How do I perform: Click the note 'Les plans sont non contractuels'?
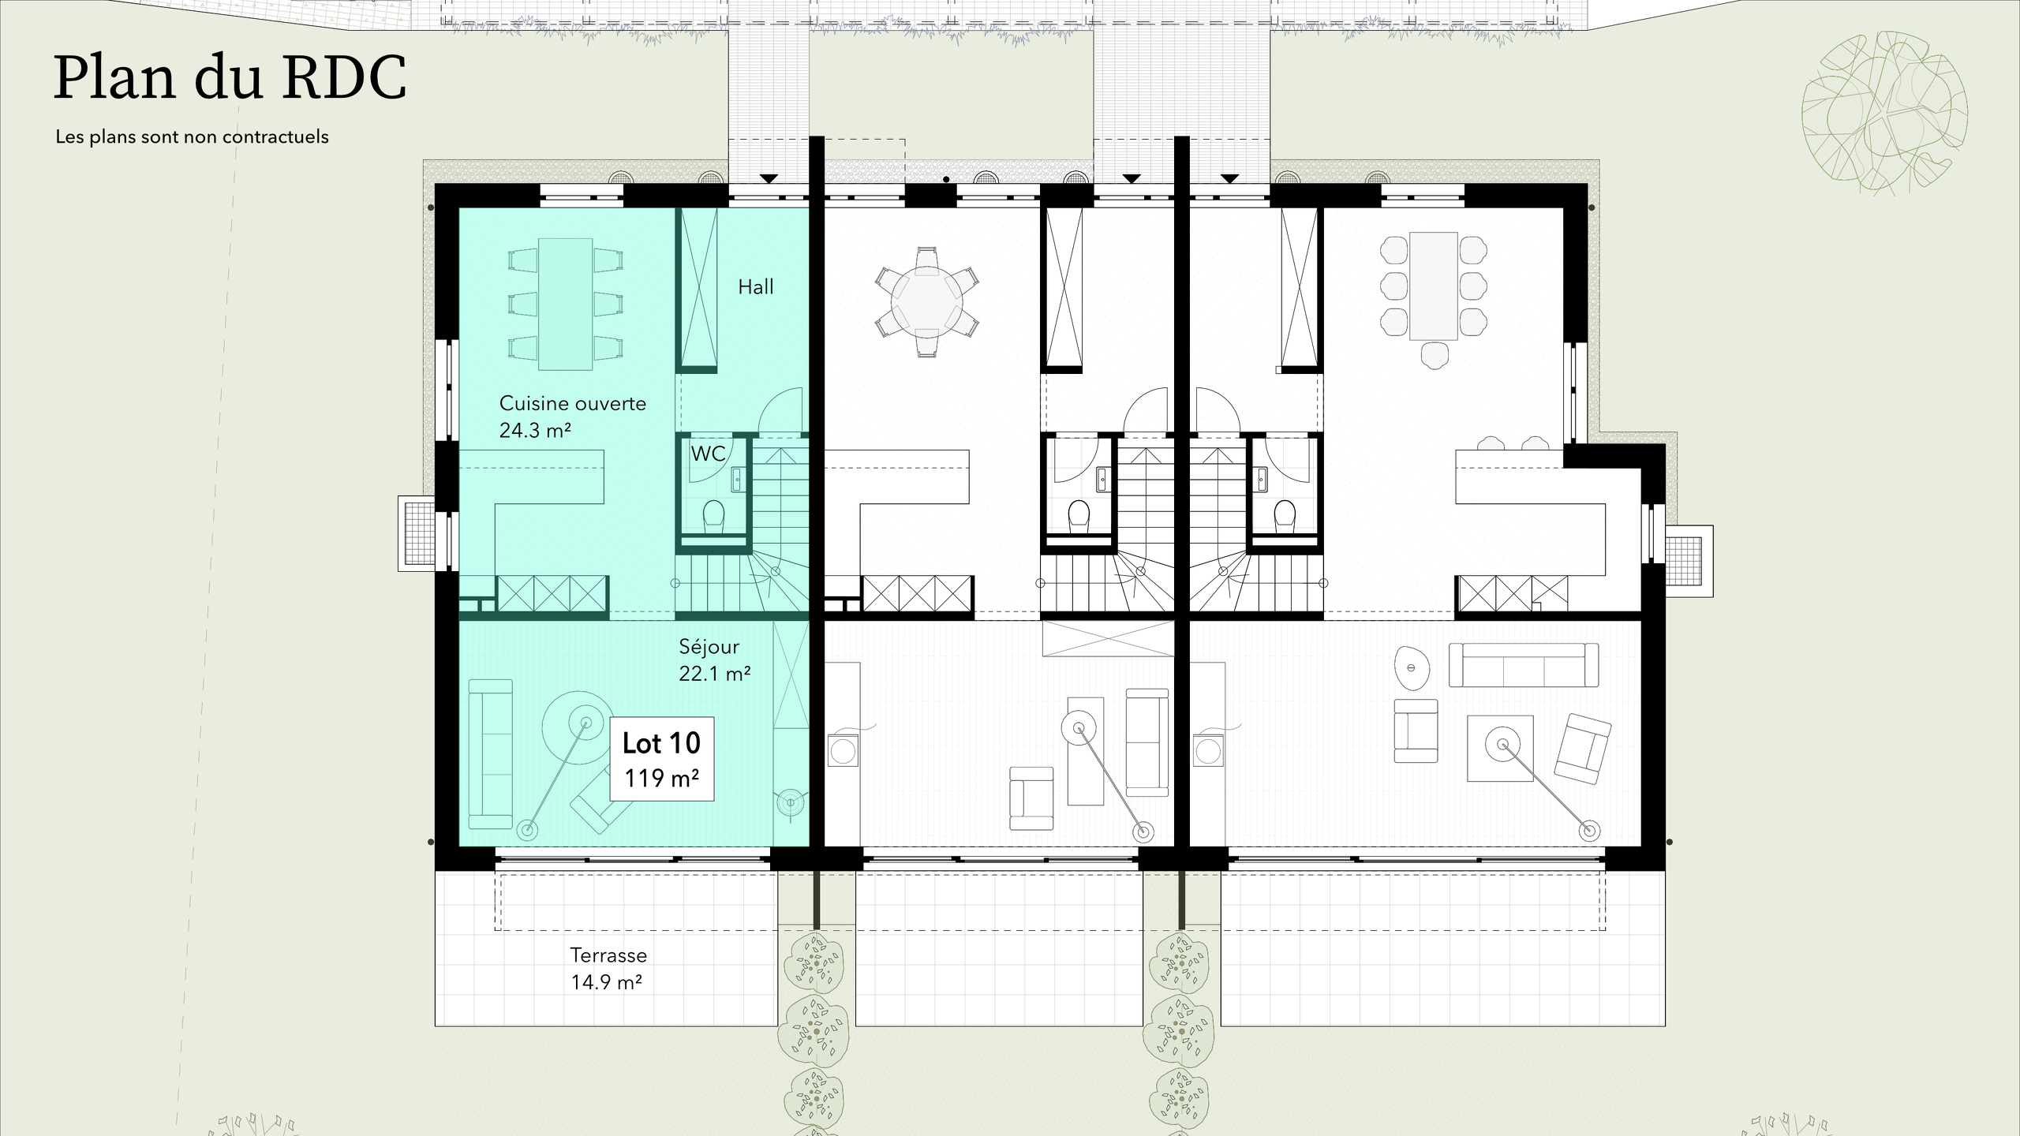coord(192,136)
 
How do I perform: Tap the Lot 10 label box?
coord(661,758)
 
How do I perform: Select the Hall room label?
coord(755,287)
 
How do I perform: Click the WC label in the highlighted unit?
coord(707,454)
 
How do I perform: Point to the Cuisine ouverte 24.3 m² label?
coord(572,417)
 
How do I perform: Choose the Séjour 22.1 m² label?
coord(714,660)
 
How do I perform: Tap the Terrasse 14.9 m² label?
coord(608,968)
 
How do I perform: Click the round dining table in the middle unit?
coord(926,302)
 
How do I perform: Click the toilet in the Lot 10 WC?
coord(713,515)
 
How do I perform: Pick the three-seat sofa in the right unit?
coord(1524,664)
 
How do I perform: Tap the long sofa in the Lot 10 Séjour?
coord(490,753)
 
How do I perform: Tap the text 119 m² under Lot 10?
coord(661,778)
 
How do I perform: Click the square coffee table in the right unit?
coord(1500,748)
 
